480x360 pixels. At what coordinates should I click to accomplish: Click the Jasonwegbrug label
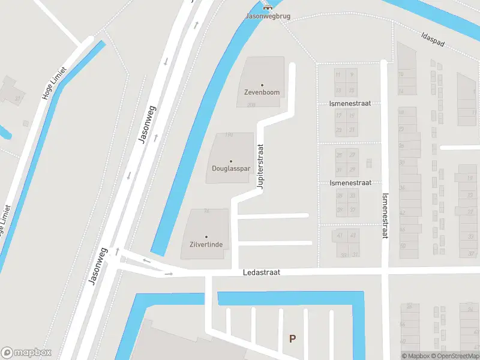click(268, 16)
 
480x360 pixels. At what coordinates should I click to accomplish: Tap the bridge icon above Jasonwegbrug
click(268, 7)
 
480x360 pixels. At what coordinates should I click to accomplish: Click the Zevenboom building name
click(262, 92)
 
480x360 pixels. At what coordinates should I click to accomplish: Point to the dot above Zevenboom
click(262, 85)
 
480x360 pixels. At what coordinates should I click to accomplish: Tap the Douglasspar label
click(230, 169)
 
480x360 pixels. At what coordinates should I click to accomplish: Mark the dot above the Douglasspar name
click(230, 161)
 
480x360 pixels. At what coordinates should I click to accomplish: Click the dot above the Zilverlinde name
click(206, 238)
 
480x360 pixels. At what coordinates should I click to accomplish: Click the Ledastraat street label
click(262, 272)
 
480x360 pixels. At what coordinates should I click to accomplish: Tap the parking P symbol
click(292, 338)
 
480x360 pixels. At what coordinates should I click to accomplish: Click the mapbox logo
click(26, 353)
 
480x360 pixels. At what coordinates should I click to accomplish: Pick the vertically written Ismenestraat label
click(385, 214)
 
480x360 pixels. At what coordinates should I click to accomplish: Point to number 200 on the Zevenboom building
click(250, 105)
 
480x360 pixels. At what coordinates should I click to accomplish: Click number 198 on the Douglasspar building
click(228, 136)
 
